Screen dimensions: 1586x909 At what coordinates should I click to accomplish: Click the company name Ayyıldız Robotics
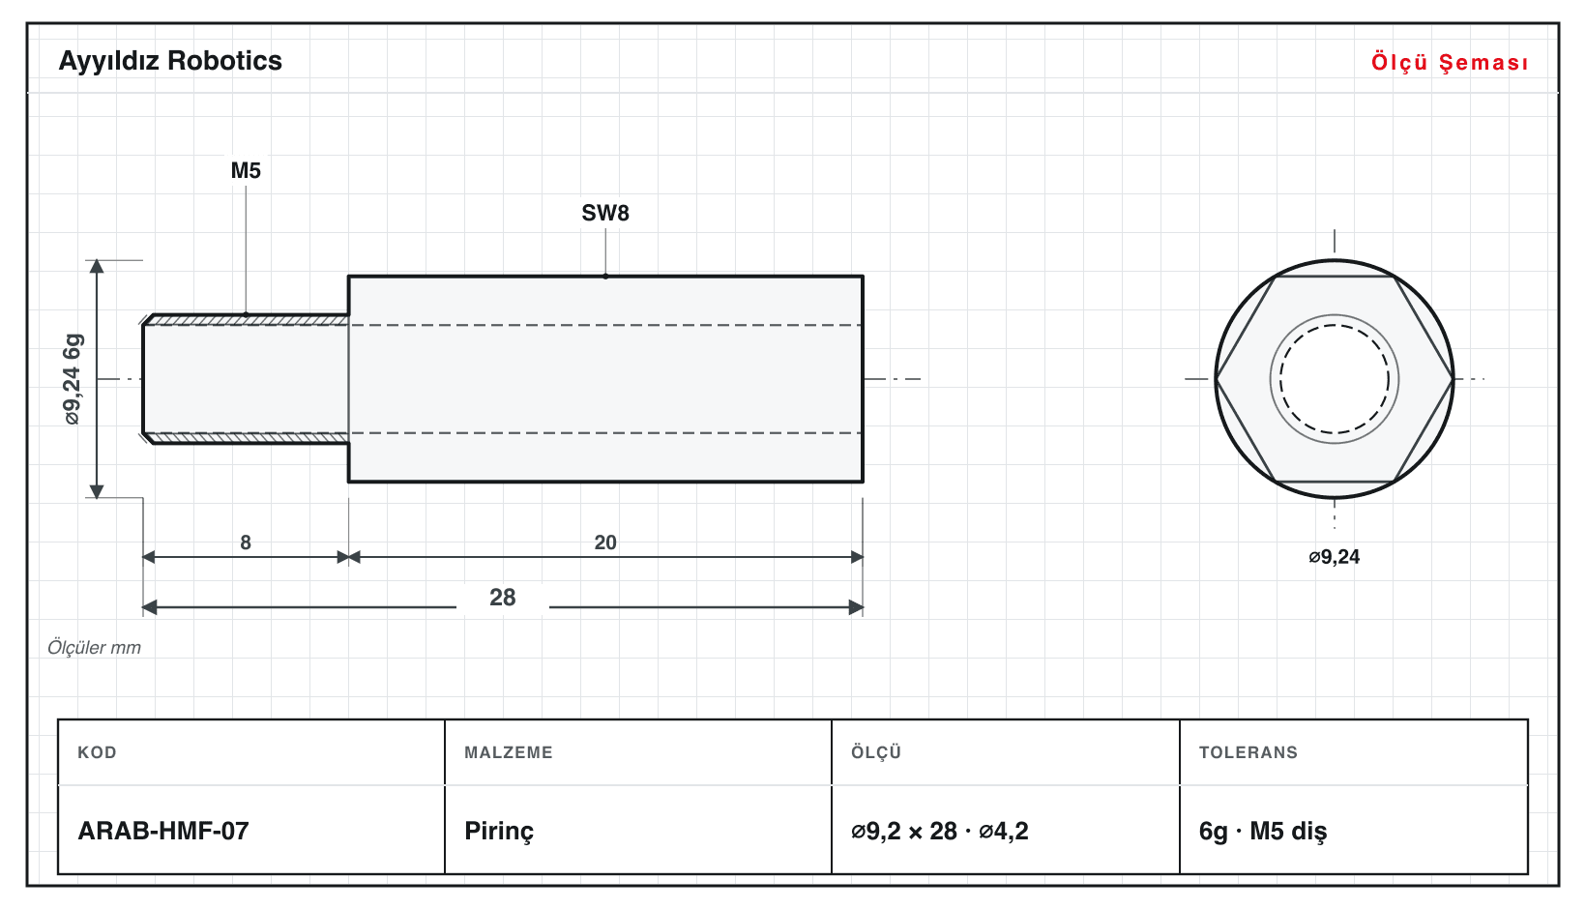(x=170, y=62)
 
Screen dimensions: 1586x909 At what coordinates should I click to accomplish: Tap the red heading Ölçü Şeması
(x=1450, y=62)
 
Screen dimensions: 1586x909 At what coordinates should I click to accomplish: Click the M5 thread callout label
(x=246, y=170)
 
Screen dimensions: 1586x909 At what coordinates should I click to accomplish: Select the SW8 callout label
(x=605, y=213)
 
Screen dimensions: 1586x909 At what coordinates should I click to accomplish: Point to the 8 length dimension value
(x=246, y=542)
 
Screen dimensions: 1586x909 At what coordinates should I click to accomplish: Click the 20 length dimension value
(x=605, y=542)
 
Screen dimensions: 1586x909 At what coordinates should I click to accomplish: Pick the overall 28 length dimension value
(x=503, y=598)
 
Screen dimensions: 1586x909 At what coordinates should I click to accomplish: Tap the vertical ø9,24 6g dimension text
(x=73, y=379)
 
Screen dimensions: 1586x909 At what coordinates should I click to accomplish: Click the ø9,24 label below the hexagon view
(x=1334, y=557)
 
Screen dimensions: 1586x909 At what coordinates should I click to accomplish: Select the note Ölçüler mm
(x=94, y=648)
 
